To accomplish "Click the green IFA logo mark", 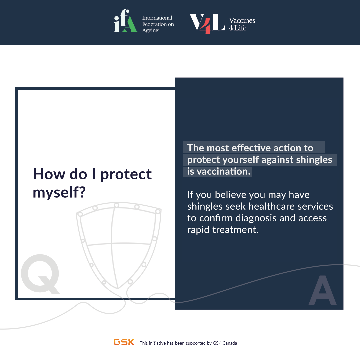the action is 126,21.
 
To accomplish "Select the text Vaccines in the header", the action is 242,20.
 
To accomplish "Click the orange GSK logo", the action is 124,342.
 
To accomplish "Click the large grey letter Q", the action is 40,274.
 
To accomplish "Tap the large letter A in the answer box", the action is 323,290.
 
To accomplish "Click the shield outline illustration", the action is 118,245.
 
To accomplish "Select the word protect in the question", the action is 126,174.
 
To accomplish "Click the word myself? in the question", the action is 59,193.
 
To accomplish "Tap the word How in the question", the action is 49,174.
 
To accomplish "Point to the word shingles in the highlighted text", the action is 314,160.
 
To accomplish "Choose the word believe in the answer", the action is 231,195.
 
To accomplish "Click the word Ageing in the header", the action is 150,31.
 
